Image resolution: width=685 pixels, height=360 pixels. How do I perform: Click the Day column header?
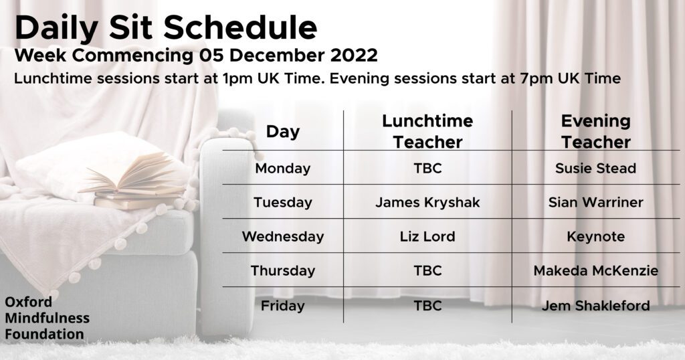click(x=283, y=132)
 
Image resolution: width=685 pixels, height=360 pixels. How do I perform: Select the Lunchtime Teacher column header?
click(x=427, y=131)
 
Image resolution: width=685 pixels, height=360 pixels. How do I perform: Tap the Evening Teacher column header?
click(x=596, y=131)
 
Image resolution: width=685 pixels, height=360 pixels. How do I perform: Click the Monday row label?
click(x=283, y=168)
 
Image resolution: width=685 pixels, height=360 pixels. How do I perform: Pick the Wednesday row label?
click(x=283, y=236)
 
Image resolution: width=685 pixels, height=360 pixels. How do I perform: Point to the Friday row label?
click(x=283, y=305)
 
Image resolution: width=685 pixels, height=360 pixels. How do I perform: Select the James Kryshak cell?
click(x=427, y=202)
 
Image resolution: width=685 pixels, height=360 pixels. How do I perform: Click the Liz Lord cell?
click(x=427, y=236)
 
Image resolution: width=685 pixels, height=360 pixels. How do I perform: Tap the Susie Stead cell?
click(x=596, y=168)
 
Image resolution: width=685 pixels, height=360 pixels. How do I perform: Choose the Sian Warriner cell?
click(x=596, y=202)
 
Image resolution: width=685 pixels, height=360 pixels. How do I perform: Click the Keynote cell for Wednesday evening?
click(x=596, y=236)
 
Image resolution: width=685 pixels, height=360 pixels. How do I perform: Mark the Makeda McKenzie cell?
click(x=596, y=270)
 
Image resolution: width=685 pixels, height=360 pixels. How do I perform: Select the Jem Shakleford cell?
click(x=596, y=305)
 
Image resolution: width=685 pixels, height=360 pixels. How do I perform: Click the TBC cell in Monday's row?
click(x=427, y=168)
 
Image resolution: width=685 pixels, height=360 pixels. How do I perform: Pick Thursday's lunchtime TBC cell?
click(x=427, y=270)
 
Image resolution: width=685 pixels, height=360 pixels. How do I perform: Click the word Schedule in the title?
click(x=240, y=27)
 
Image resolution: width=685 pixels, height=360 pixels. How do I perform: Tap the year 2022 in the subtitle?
click(x=354, y=56)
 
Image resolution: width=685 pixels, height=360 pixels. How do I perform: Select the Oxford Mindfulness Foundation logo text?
click(x=47, y=318)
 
